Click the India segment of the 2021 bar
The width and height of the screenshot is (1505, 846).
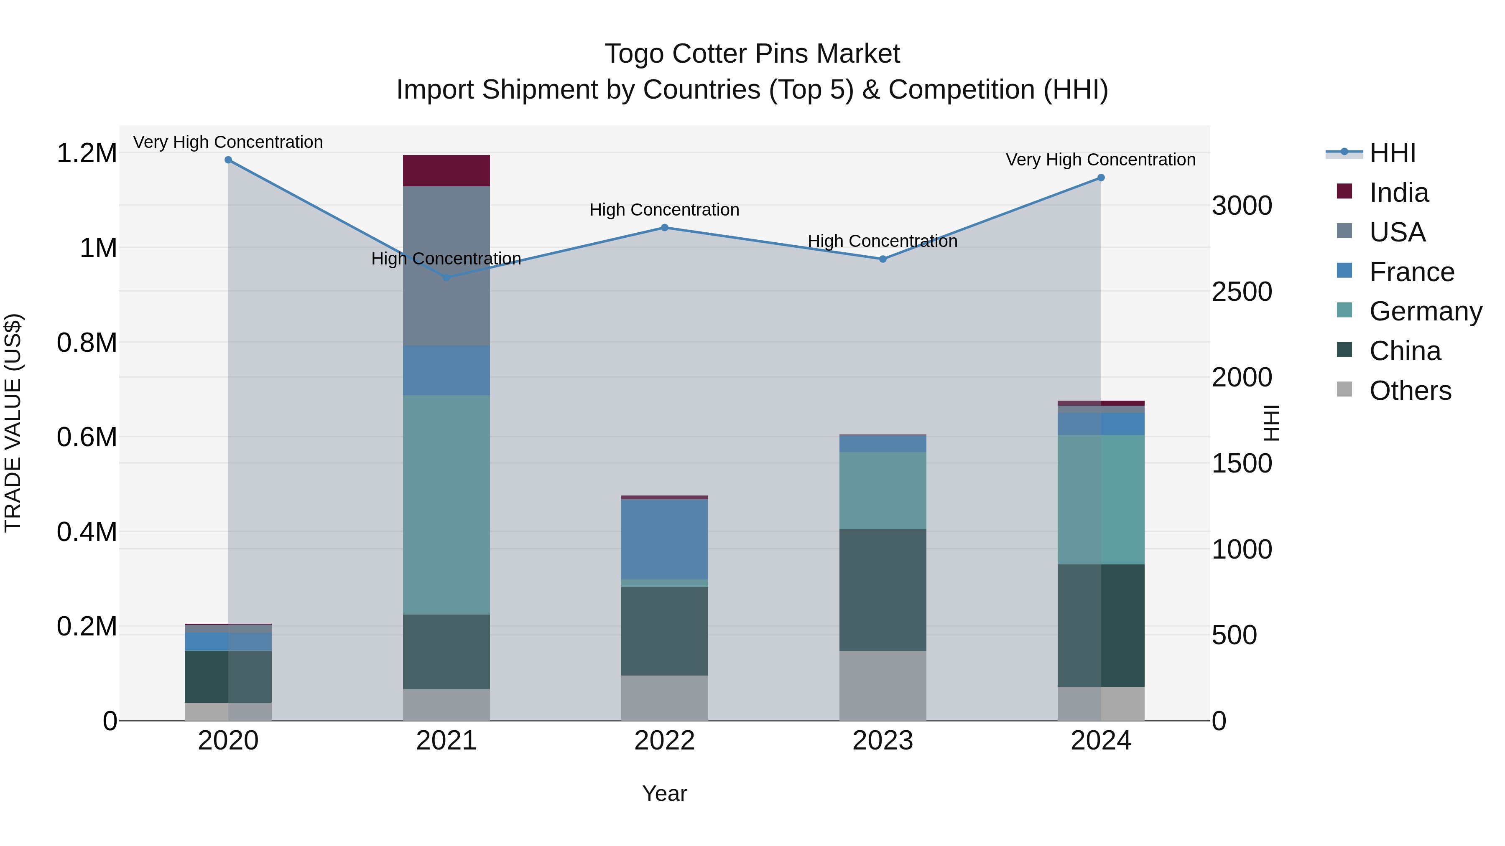tap(446, 170)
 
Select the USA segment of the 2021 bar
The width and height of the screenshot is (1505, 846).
tap(446, 266)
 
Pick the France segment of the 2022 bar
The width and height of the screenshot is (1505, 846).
tap(664, 539)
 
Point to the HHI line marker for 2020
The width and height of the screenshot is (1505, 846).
tap(228, 160)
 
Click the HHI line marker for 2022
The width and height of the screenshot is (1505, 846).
tap(664, 228)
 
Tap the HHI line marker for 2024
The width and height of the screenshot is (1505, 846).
tap(1101, 178)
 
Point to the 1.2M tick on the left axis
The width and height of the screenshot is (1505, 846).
tap(87, 154)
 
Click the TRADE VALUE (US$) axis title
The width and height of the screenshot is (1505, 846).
tap(13, 423)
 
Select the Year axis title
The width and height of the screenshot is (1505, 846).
tap(664, 793)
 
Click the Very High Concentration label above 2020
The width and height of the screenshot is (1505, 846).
tap(228, 142)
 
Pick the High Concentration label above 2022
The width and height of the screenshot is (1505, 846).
tap(664, 210)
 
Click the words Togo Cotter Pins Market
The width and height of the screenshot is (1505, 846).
tap(752, 54)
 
